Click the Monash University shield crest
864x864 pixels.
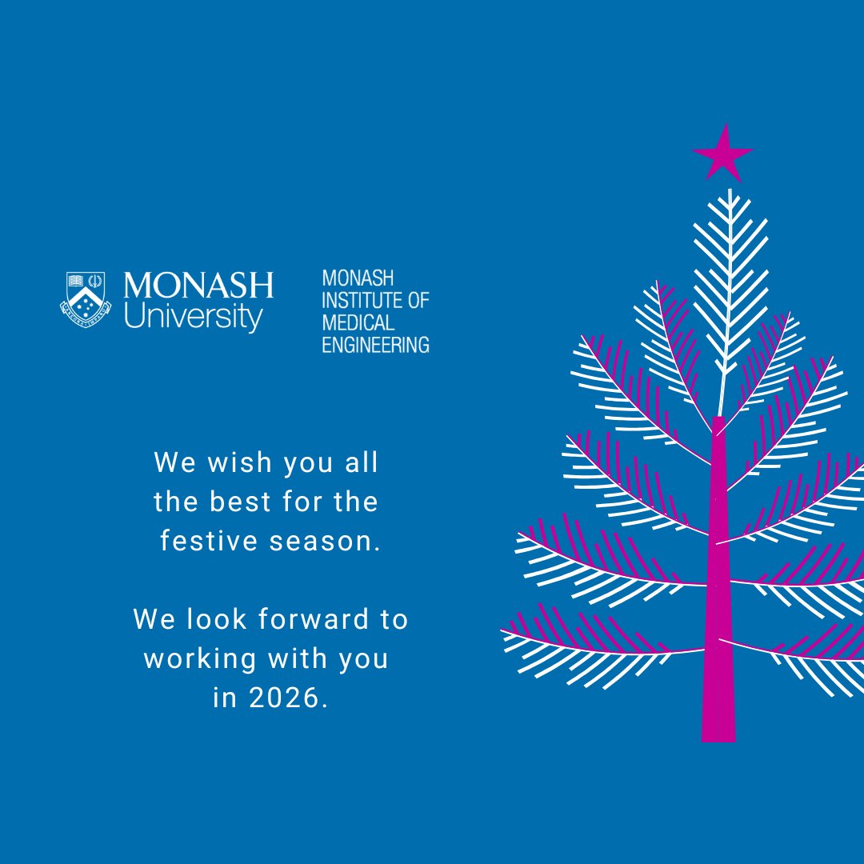85,298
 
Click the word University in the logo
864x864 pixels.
193,317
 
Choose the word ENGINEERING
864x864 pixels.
375,345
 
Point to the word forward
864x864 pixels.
299,619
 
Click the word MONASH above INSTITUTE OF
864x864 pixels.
358,278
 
